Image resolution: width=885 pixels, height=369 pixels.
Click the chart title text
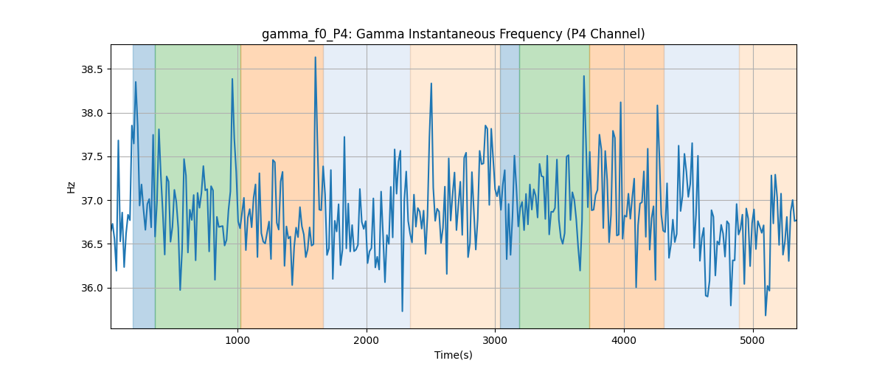[x=453, y=35]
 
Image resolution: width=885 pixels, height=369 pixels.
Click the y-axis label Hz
[x=71, y=187]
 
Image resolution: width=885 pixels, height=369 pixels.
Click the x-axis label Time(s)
[x=454, y=355]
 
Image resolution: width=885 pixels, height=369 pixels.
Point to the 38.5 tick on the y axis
[x=92, y=69]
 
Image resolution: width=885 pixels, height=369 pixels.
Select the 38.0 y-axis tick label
[x=92, y=114]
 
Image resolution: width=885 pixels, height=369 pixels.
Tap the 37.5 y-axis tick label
[x=92, y=157]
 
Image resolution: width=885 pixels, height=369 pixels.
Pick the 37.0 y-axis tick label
[x=92, y=201]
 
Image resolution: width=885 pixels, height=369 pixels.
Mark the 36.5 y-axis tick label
[x=92, y=244]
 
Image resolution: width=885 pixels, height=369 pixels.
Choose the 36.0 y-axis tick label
[x=92, y=289]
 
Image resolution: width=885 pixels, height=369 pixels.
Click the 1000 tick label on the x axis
[x=237, y=341]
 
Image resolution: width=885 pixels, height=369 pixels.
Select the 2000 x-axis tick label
[x=367, y=341]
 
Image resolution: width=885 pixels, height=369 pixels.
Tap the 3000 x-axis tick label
[x=496, y=341]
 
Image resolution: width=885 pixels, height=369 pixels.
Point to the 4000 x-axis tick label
[x=624, y=341]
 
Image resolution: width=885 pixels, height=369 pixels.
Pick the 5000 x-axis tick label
[x=753, y=341]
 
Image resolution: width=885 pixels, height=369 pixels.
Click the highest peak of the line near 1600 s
[x=316, y=58]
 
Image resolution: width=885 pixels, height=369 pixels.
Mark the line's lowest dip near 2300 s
[x=402, y=311]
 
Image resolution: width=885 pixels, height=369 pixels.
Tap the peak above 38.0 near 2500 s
[x=431, y=83]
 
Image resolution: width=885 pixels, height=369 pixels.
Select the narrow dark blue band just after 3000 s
[x=510, y=186]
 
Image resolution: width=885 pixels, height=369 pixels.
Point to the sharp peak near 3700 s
[x=583, y=76]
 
